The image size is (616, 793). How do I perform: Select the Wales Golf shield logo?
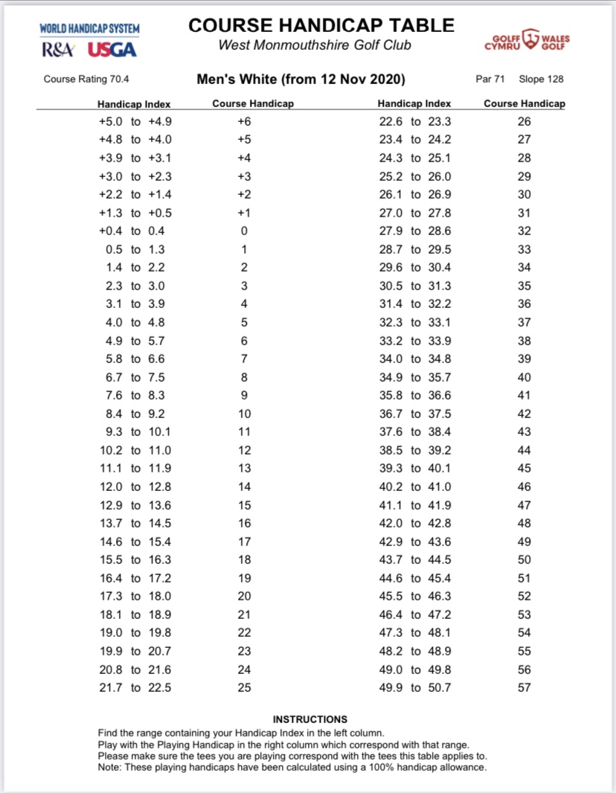[x=530, y=38]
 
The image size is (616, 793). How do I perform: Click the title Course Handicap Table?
[x=321, y=25]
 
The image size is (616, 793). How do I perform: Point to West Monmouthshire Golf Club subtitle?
[x=315, y=45]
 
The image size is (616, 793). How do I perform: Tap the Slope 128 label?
[x=541, y=79]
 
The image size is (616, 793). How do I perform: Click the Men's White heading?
[x=301, y=79]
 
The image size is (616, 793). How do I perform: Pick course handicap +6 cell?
[x=244, y=121]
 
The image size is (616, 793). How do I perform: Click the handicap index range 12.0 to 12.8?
[x=135, y=487]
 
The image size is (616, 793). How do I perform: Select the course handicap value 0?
[x=243, y=231]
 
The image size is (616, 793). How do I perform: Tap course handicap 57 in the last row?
[x=524, y=687]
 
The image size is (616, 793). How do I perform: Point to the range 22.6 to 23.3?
[x=414, y=121]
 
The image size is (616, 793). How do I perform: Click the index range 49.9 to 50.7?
[x=414, y=687]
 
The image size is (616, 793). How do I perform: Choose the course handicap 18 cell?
[x=244, y=559]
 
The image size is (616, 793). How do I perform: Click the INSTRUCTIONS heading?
[x=309, y=719]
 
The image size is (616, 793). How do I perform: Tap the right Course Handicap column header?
[x=524, y=104]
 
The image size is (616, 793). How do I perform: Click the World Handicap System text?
[x=89, y=29]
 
